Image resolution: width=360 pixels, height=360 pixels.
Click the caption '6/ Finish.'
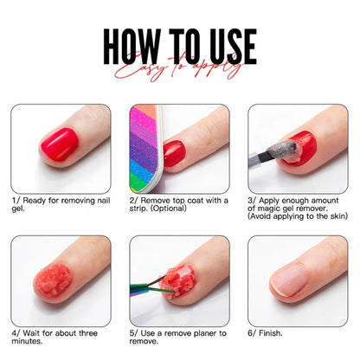(269, 332)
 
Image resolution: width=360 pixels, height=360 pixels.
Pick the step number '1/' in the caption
(16, 200)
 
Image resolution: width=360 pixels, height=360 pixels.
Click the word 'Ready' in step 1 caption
(35, 200)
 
